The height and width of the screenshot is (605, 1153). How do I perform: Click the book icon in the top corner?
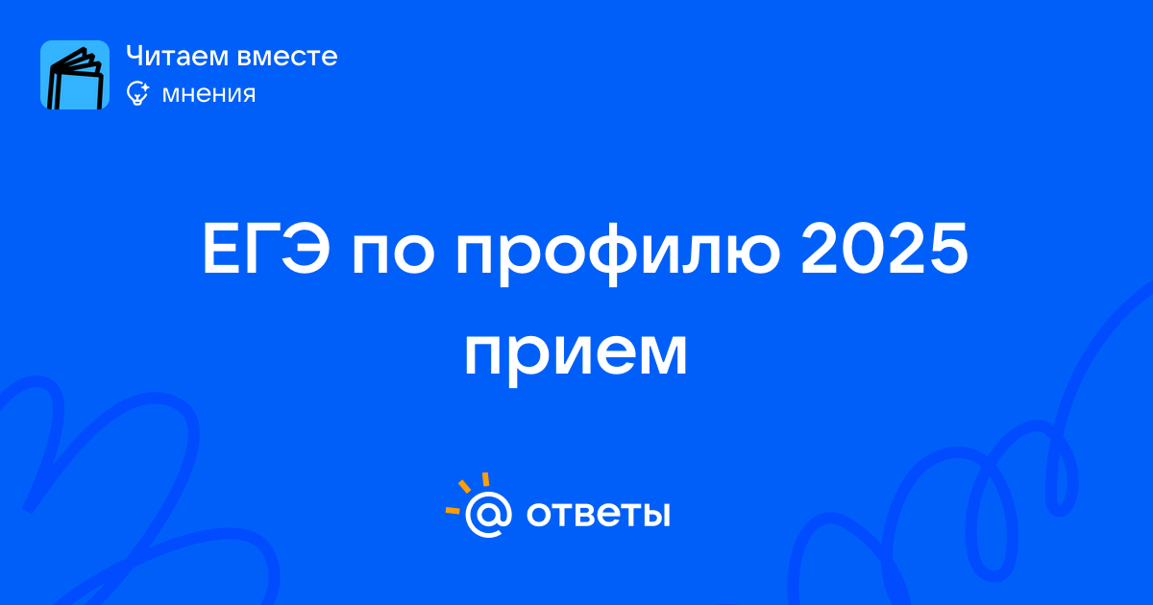pos(75,75)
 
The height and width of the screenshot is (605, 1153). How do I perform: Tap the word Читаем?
pos(177,56)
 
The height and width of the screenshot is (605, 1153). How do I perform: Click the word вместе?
pos(287,57)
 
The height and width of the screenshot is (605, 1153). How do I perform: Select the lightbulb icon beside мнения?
pos(137,93)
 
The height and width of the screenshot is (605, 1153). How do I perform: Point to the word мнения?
pos(209,94)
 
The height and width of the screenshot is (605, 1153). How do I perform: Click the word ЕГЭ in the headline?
pos(266,250)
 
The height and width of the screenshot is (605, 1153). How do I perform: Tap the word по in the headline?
pos(394,255)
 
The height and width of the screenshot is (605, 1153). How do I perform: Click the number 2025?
pos(884,249)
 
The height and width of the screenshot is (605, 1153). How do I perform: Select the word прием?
pos(576,356)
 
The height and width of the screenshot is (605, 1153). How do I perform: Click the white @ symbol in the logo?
pos(488,514)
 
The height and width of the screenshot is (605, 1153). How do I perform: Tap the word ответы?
pos(598,514)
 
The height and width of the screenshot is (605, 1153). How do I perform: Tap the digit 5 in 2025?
pos(948,250)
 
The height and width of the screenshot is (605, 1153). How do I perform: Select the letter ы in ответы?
pos(653,514)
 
